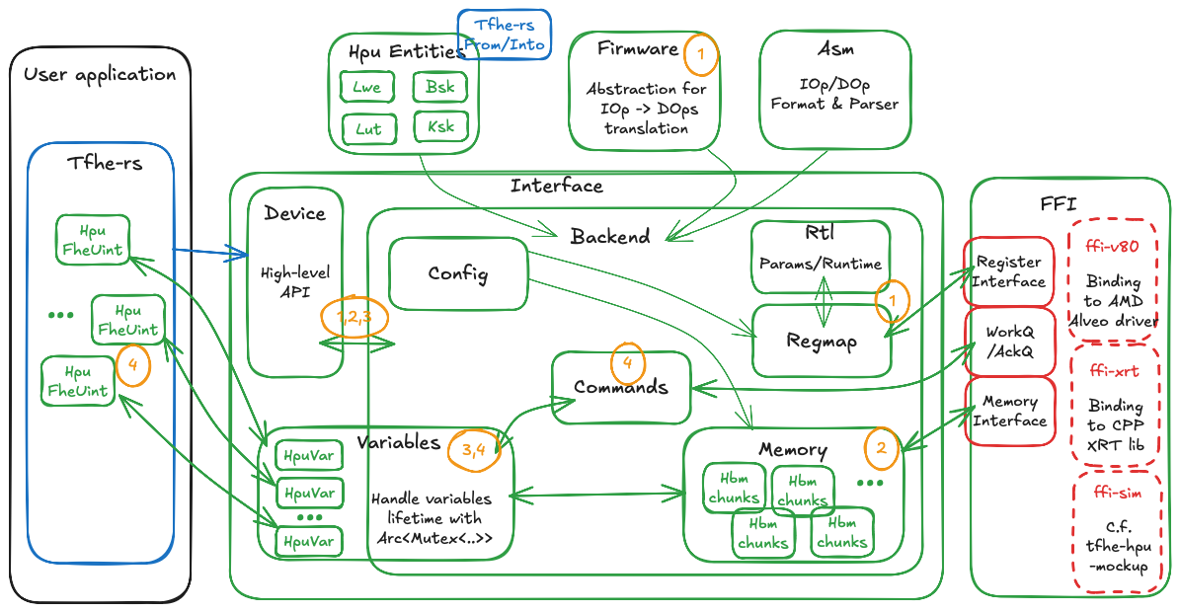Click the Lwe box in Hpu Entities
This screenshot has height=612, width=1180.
tap(366, 87)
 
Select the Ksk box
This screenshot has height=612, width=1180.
tap(440, 126)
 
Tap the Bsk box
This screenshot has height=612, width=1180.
tap(440, 87)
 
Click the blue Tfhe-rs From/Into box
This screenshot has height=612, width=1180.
tap(504, 35)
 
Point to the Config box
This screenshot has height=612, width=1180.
tap(457, 273)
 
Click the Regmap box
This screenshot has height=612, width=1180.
tap(822, 341)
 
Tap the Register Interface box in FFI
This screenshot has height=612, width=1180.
tap(1009, 271)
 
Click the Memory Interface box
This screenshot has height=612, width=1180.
tap(1009, 411)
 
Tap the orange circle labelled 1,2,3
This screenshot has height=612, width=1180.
tap(354, 316)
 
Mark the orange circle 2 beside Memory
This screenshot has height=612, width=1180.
tap(881, 447)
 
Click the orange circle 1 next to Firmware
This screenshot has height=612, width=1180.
tap(700, 54)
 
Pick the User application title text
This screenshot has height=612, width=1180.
tap(100, 74)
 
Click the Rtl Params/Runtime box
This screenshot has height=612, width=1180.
tap(820, 257)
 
